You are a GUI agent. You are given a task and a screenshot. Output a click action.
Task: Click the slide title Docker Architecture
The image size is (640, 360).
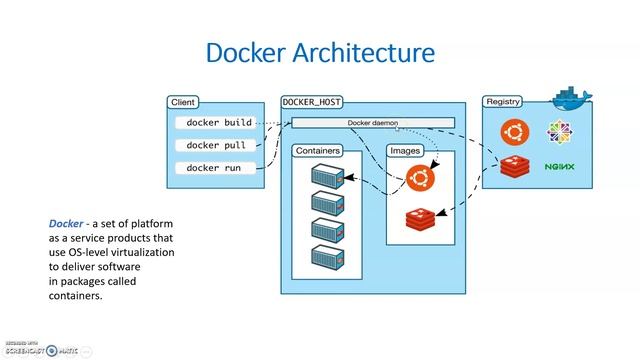point(320,51)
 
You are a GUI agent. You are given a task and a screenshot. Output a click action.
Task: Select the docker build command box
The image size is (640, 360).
point(219,123)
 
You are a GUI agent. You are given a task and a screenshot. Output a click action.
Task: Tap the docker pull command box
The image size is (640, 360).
point(216,145)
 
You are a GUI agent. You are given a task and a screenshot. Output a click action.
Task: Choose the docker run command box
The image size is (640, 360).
point(214,168)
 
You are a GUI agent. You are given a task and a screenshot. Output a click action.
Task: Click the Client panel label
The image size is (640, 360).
point(183,102)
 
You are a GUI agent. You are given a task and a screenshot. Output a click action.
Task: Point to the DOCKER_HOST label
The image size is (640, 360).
point(313,102)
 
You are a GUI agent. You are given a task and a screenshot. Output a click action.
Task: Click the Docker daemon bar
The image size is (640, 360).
point(372,123)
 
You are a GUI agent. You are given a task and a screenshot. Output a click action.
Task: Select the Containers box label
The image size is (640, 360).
point(317,151)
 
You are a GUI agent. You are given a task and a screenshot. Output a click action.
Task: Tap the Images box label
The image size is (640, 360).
point(406,151)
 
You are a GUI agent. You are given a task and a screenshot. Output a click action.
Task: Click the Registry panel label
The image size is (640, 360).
point(504,102)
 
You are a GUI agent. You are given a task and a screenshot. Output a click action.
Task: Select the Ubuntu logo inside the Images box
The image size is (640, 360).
point(421,179)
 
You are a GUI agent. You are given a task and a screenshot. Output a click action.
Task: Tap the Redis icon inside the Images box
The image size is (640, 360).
point(421,217)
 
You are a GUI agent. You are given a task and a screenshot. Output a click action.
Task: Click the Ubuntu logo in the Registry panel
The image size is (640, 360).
point(515,130)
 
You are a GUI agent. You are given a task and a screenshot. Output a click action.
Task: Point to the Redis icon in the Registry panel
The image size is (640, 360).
point(515,166)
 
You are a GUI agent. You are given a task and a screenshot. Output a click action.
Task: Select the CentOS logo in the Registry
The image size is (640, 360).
point(558,131)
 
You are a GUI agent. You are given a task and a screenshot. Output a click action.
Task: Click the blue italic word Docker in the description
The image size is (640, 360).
point(66,223)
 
